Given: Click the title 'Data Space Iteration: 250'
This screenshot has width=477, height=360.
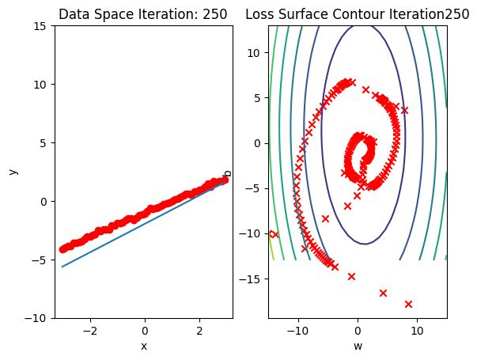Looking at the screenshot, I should [x=143, y=14].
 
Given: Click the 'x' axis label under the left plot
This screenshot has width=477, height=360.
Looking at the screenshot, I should [x=144, y=346].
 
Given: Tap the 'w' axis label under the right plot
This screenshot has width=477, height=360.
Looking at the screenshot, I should [x=358, y=346].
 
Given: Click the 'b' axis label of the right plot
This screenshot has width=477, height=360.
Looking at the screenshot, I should [x=228, y=172].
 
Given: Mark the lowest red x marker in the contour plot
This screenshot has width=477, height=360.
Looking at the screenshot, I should [x=409, y=304].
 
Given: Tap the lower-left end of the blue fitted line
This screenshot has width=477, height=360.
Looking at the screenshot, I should [x=62, y=267].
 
